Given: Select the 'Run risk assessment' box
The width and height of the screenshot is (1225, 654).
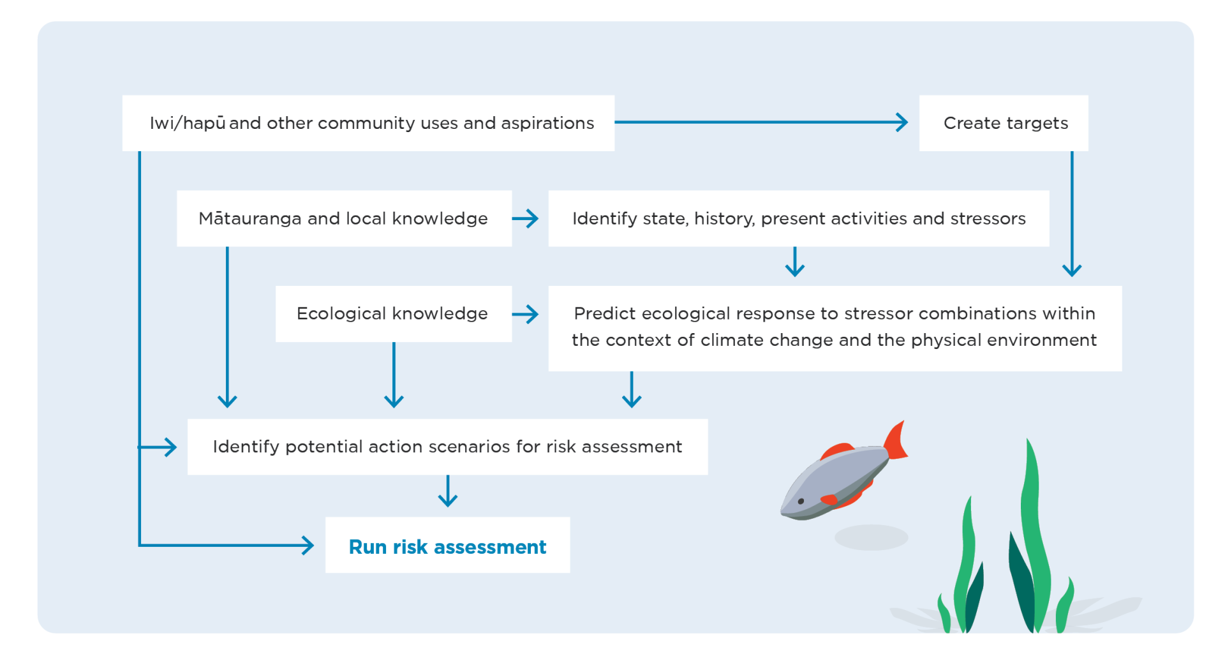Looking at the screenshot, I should [x=447, y=546].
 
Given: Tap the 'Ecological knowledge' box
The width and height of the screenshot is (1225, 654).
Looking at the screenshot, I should [x=392, y=313].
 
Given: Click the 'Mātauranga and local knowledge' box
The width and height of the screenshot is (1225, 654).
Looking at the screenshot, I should [x=343, y=218].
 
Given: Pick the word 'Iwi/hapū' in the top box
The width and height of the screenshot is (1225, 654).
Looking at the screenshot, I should [x=188, y=123].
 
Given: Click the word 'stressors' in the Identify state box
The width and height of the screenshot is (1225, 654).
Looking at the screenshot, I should [x=988, y=218].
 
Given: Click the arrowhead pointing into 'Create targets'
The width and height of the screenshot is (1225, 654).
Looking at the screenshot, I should [x=902, y=123].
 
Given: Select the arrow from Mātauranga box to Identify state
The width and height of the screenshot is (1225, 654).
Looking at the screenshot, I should [x=526, y=219].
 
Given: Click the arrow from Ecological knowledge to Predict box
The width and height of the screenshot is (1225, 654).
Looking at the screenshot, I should [x=526, y=314].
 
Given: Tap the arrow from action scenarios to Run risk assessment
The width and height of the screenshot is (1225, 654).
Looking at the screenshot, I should [x=448, y=491].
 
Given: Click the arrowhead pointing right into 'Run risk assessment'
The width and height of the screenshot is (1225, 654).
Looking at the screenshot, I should [x=308, y=546].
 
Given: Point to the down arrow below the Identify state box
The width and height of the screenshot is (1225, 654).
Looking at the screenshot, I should [x=794, y=262].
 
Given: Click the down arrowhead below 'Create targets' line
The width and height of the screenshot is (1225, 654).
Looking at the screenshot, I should [x=1072, y=269].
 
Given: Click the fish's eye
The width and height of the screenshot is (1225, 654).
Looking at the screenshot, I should [x=801, y=502].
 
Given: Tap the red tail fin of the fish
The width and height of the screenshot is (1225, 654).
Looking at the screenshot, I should [x=896, y=442].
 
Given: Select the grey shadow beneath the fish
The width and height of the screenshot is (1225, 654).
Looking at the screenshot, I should [x=871, y=537].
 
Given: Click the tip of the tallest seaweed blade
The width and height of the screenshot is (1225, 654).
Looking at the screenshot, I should [x=1028, y=441].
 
